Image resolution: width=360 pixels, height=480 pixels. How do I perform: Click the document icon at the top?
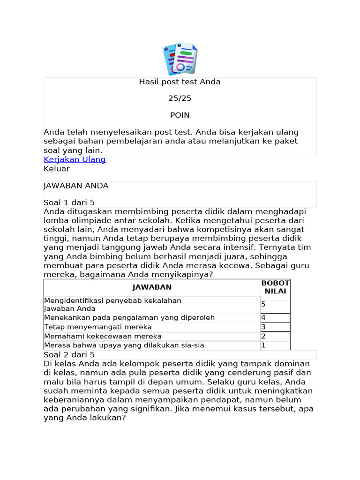180,60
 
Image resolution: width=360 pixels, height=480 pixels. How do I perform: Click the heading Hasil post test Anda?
180,82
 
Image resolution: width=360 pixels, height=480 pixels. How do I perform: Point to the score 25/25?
180,98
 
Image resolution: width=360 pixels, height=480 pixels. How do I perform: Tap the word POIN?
180,115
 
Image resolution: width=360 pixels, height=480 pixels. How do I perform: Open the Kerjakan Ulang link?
75,159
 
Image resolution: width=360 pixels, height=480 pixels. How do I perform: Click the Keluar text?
56,169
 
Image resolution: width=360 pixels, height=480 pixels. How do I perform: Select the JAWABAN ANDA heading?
76,186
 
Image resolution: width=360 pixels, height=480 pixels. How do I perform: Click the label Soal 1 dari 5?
69,202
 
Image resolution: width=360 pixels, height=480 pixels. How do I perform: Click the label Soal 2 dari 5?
69,354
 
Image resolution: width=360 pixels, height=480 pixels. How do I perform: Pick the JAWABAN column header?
152,287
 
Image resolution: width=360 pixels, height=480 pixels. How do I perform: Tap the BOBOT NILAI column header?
275,287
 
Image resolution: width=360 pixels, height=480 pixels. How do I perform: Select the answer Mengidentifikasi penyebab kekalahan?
112,300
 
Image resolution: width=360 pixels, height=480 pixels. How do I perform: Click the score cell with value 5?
275,305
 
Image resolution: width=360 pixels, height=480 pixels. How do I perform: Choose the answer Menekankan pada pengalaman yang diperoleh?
129,318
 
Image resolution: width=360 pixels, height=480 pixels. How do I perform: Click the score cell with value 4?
275,318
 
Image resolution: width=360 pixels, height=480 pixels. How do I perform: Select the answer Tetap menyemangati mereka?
98,327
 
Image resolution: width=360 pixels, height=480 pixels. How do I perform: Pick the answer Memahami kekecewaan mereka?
103,336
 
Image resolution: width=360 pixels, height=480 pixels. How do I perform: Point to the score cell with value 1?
275,345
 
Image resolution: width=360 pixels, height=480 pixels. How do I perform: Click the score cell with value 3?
275,327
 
